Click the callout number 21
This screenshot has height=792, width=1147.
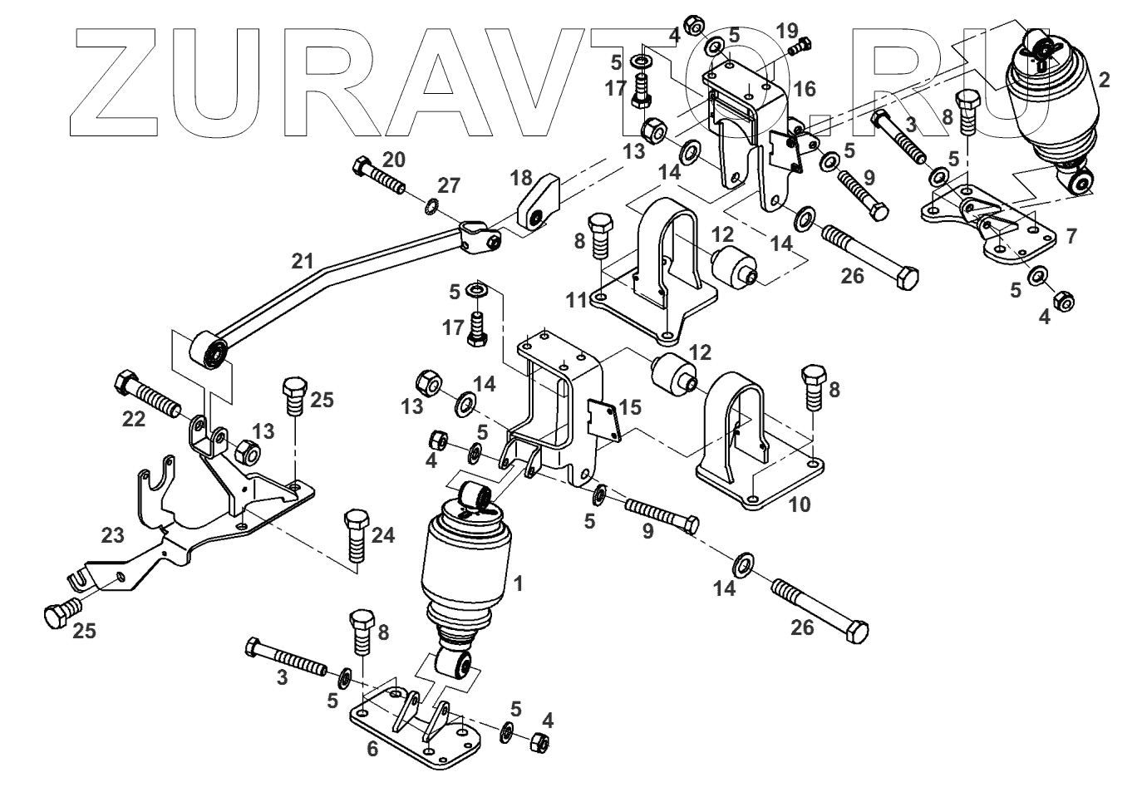303,261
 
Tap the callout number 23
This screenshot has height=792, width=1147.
113,536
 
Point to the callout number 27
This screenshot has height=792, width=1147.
449,185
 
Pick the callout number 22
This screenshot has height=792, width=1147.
134,419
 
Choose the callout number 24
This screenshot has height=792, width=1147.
382,536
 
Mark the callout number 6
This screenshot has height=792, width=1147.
372,749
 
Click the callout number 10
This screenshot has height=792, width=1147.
800,504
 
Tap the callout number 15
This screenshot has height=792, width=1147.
630,407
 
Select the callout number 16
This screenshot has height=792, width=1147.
804,89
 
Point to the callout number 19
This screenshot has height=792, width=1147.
786,32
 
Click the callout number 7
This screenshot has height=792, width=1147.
1071,236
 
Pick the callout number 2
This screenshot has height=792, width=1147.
1103,80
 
